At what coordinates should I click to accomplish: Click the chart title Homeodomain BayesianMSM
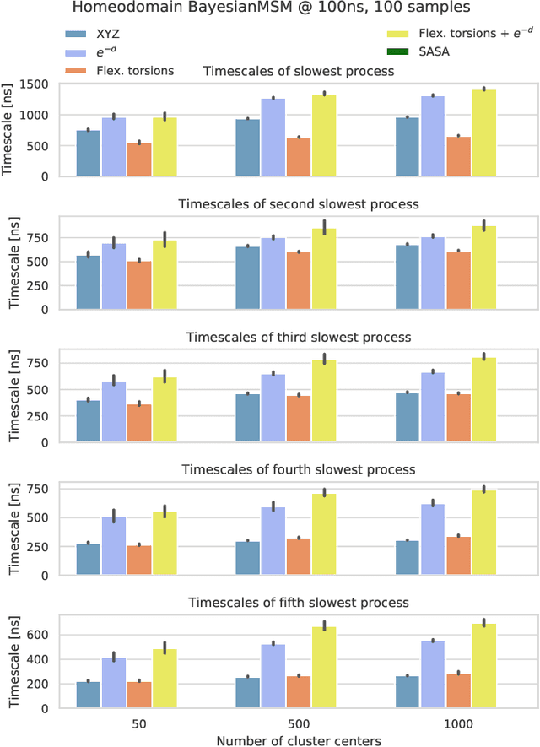pos(270,10)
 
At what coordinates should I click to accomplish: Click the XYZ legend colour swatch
pos(81,35)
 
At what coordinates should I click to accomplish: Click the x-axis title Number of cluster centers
pos(298,740)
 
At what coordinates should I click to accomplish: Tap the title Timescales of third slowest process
pos(298,337)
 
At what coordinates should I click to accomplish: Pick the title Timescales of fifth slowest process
pos(298,603)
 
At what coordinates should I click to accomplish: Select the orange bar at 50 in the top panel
pos(139,160)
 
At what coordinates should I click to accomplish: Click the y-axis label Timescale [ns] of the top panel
pos(9,130)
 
